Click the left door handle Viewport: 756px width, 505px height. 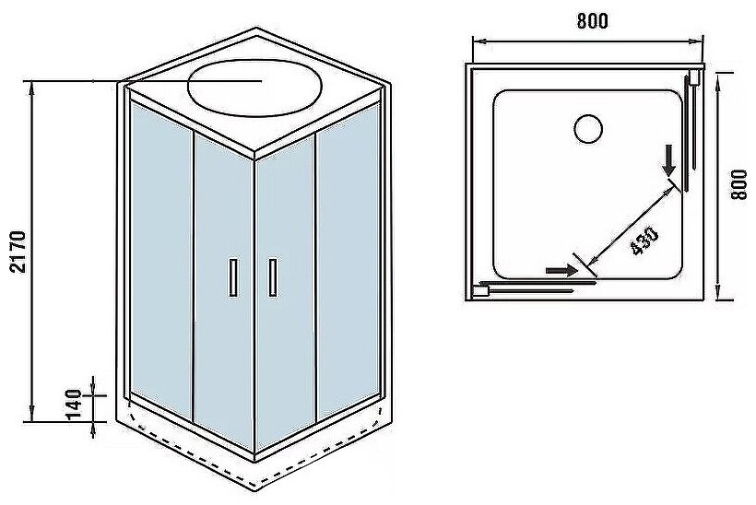click(x=233, y=278)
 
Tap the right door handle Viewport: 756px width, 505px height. click(x=272, y=278)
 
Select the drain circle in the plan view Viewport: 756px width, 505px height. click(x=587, y=127)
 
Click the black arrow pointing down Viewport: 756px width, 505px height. click(x=670, y=162)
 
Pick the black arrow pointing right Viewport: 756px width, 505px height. click(x=558, y=270)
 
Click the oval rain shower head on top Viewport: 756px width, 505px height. click(x=254, y=88)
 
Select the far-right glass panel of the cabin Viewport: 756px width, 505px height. click(x=348, y=267)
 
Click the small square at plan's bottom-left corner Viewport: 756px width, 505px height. click(x=478, y=290)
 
